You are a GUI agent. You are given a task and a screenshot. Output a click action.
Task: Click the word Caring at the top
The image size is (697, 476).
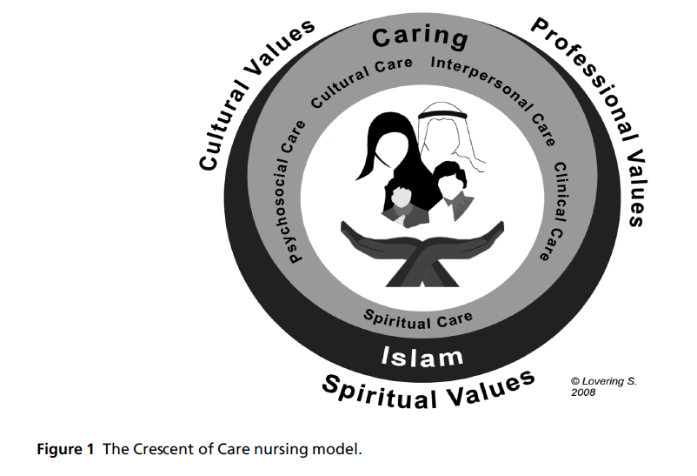point(420,37)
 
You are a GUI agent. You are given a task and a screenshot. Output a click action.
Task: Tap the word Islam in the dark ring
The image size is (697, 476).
point(422,355)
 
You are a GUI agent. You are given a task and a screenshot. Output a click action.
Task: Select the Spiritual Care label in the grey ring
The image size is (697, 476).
point(417,318)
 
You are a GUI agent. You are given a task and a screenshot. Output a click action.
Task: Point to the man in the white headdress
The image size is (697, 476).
point(445,139)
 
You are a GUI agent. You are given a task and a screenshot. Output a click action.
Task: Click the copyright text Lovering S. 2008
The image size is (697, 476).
point(602,386)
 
